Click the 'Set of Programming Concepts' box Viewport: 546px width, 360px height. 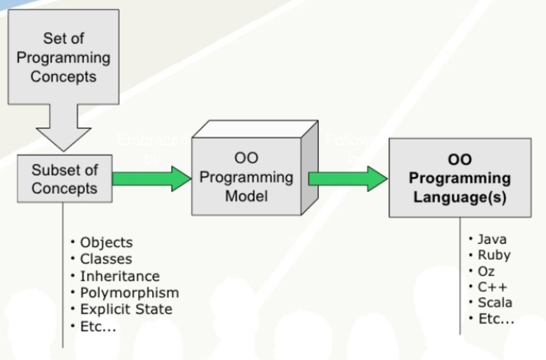pyautogui.click(x=63, y=57)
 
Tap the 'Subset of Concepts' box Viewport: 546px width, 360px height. pyautogui.click(x=65, y=179)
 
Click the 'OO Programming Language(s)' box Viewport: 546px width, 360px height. pyautogui.click(x=460, y=178)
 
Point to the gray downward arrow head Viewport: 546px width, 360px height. pyautogui.click(x=63, y=138)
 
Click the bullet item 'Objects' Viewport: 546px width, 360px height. pyautogui.click(x=106, y=242)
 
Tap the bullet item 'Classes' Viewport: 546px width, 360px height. pyautogui.click(x=106, y=259)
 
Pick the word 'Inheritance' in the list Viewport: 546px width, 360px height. pyautogui.click(x=119, y=276)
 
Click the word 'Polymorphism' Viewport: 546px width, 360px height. pyautogui.click(x=129, y=293)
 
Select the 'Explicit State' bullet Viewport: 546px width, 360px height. pyautogui.click(x=126, y=309)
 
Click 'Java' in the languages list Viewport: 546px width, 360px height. pyautogui.click(x=492, y=239)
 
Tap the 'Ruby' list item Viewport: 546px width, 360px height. pyautogui.click(x=494, y=255)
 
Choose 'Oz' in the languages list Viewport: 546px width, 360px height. pyautogui.click(x=486, y=271)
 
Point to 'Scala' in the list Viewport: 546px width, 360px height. pyautogui.click(x=495, y=303)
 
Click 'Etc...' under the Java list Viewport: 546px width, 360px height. pyautogui.click(x=496, y=319)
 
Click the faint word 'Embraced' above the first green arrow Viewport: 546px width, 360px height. pyautogui.click(x=152, y=140)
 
